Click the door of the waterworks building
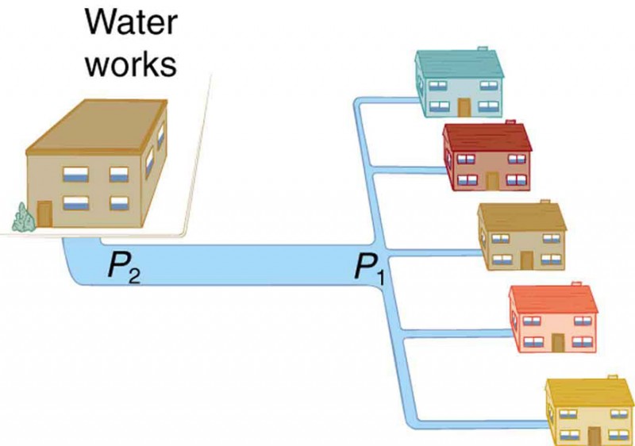click(x=44, y=213)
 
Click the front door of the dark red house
click(x=493, y=180)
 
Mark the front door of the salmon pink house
click(x=559, y=342)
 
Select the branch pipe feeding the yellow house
click(x=476, y=421)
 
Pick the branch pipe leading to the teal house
click(x=385, y=101)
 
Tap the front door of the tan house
click(x=527, y=260)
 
